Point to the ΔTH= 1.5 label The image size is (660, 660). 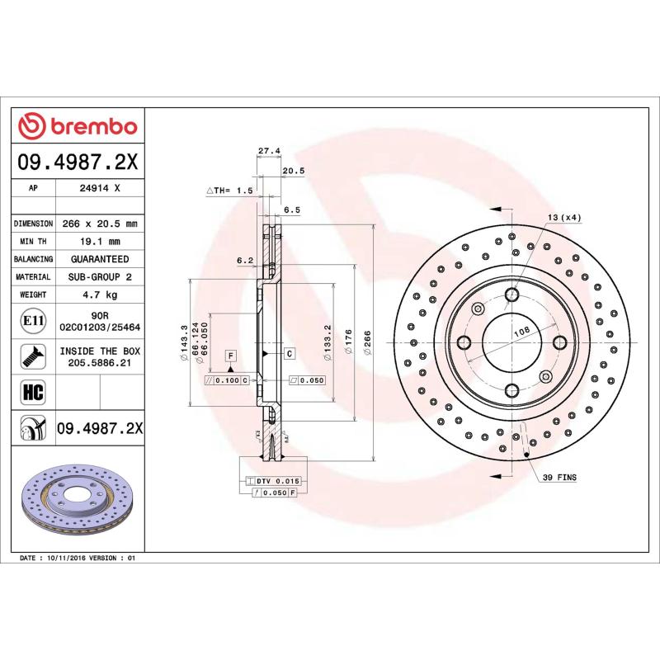(229, 191)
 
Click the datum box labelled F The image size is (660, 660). (230, 356)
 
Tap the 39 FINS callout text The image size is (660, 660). (559, 478)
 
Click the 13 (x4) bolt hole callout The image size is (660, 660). (563, 217)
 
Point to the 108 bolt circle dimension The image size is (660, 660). (521, 332)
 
